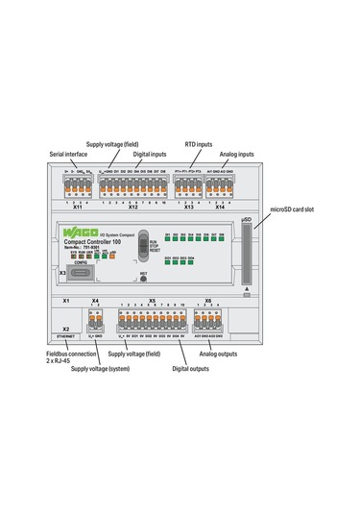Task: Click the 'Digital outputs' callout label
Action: [x=192, y=366]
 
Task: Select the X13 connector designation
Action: [x=188, y=207]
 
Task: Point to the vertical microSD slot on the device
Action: [x=247, y=257]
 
